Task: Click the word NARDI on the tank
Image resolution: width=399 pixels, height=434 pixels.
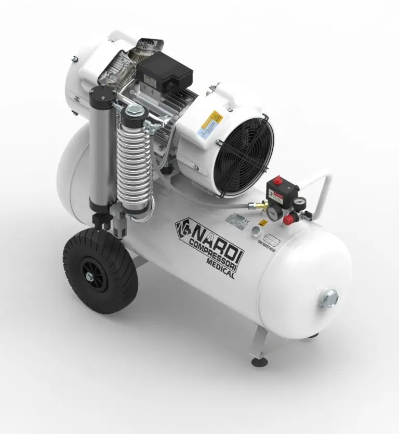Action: point(219,237)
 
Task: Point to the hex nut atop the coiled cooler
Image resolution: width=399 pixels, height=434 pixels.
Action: point(134,110)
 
